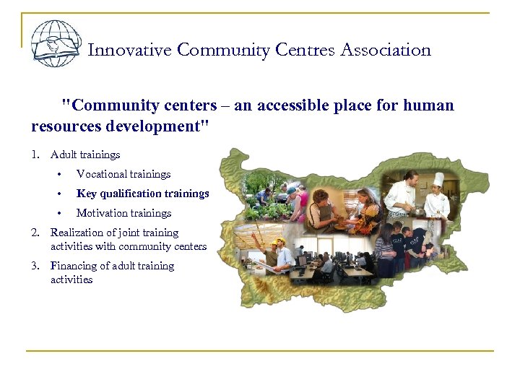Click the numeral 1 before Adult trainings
35,155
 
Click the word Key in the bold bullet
86,194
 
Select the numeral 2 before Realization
35,233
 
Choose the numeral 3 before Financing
35,266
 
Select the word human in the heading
431,105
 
